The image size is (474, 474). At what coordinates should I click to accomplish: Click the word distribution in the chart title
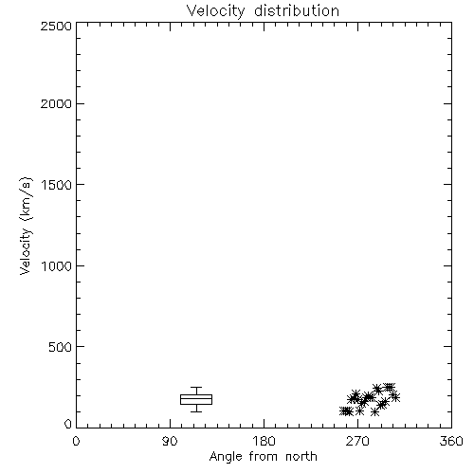coord(297,11)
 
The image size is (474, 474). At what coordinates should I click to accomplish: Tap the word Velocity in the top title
coord(216,11)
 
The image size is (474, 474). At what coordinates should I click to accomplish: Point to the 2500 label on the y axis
coord(56,26)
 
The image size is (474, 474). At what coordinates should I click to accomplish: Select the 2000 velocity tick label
coord(56,103)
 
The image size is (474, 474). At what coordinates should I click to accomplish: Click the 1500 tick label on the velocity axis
coord(57,185)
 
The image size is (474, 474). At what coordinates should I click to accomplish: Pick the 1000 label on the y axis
coord(57,265)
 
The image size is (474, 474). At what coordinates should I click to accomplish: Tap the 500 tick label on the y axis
coord(61,347)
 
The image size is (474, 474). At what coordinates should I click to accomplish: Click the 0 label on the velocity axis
coord(68,424)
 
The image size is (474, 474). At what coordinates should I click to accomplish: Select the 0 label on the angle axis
coord(76,441)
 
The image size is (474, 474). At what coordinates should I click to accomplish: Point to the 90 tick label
coord(170,441)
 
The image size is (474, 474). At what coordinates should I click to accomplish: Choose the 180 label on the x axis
coord(264,441)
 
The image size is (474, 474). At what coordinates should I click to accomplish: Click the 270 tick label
coord(357,441)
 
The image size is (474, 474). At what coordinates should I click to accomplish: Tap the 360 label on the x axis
coord(451,441)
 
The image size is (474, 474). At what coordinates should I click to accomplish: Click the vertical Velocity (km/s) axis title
coord(26,226)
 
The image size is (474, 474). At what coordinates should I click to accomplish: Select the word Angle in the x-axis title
coord(226,457)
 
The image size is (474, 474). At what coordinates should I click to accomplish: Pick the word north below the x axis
coord(301,457)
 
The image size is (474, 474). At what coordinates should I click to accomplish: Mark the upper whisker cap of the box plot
coord(196,388)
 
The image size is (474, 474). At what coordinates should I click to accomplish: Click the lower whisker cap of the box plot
coord(196,411)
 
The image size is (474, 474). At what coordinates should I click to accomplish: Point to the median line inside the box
coord(196,398)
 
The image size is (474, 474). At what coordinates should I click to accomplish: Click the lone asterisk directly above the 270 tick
coord(359,411)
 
